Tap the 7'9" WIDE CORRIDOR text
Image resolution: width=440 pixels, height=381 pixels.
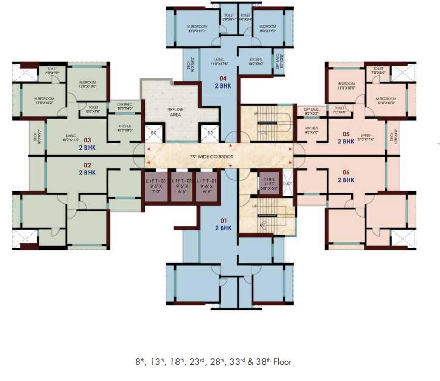[x=213, y=157]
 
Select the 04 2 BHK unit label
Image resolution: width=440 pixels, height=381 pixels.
[x=223, y=82]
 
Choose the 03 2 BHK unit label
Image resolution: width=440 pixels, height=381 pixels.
[x=87, y=143]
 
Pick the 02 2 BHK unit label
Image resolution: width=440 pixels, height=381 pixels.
[x=87, y=169]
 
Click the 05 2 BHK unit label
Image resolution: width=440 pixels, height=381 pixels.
[x=346, y=137]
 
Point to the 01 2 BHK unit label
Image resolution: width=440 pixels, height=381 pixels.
[x=223, y=224]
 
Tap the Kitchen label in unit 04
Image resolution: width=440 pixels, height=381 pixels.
[x=256, y=62]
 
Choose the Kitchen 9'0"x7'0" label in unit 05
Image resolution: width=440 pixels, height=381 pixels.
[x=311, y=130]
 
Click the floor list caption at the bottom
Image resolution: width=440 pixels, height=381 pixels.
[x=213, y=362]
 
